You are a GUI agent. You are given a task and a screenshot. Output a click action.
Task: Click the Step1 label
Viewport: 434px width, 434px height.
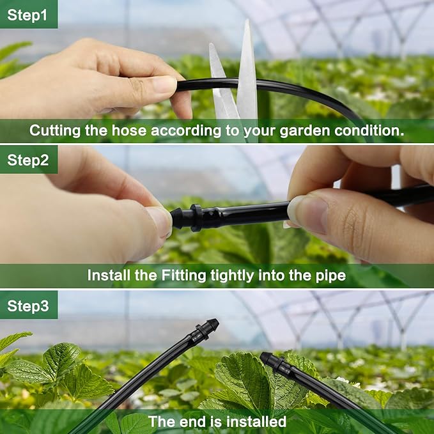27,15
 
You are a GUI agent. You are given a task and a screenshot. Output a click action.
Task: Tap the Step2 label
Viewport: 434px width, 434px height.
27,160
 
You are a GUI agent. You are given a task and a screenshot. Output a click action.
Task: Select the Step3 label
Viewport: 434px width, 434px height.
27,306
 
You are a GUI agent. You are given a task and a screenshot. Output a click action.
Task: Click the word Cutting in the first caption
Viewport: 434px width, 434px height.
54,132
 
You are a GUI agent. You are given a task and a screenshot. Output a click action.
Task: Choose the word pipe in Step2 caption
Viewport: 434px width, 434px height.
331,276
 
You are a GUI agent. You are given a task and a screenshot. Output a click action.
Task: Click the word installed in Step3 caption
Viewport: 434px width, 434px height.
254,422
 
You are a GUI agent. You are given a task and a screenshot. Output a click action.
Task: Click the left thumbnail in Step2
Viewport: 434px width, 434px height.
160,221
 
